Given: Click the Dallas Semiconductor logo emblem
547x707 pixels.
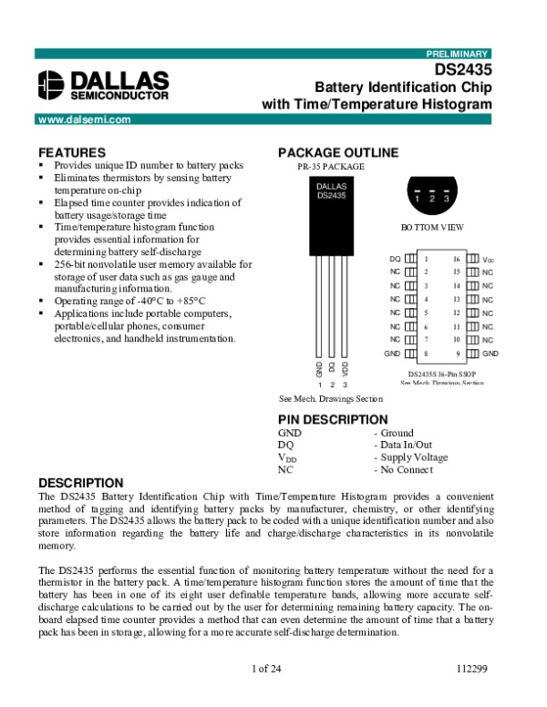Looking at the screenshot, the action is pyautogui.click(x=51, y=85).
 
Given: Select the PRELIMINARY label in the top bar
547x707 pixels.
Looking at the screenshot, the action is pyautogui.click(x=457, y=54).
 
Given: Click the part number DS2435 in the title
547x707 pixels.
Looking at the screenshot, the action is pyautogui.click(x=463, y=69).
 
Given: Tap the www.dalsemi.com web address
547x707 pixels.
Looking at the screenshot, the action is pyautogui.click(x=85, y=119).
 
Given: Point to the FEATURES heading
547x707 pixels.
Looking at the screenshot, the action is pyautogui.click(x=72, y=152).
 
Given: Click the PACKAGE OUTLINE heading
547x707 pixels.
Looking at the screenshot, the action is pyautogui.click(x=338, y=152).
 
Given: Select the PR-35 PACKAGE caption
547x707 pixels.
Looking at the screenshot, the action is pyautogui.click(x=331, y=167).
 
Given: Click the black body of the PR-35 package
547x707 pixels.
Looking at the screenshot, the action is pyautogui.click(x=331, y=216).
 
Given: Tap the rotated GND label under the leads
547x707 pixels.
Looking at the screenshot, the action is pyautogui.click(x=319, y=369).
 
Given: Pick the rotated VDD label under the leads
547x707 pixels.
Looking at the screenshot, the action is pyautogui.click(x=345, y=369).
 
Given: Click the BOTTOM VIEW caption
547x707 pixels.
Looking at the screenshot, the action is pyautogui.click(x=432, y=227).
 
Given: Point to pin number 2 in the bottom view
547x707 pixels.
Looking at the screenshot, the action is pyautogui.click(x=432, y=199).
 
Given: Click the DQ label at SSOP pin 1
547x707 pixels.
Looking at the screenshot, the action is pyautogui.click(x=395, y=259).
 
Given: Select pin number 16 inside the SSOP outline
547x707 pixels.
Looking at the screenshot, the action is pyautogui.click(x=457, y=259).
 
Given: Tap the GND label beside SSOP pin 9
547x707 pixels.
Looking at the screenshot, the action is pyautogui.click(x=490, y=353).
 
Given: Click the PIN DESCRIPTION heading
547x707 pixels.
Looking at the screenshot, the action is pyautogui.click(x=333, y=420).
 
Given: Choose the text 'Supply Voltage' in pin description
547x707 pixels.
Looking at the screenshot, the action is pyautogui.click(x=414, y=457).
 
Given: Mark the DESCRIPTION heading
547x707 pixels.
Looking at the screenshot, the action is pyautogui.click(x=81, y=483).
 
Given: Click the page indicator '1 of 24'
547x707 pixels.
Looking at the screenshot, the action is pyautogui.click(x=266, y=668).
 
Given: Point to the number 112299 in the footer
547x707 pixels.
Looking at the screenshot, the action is pyautogui.click(x=472, y=668).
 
